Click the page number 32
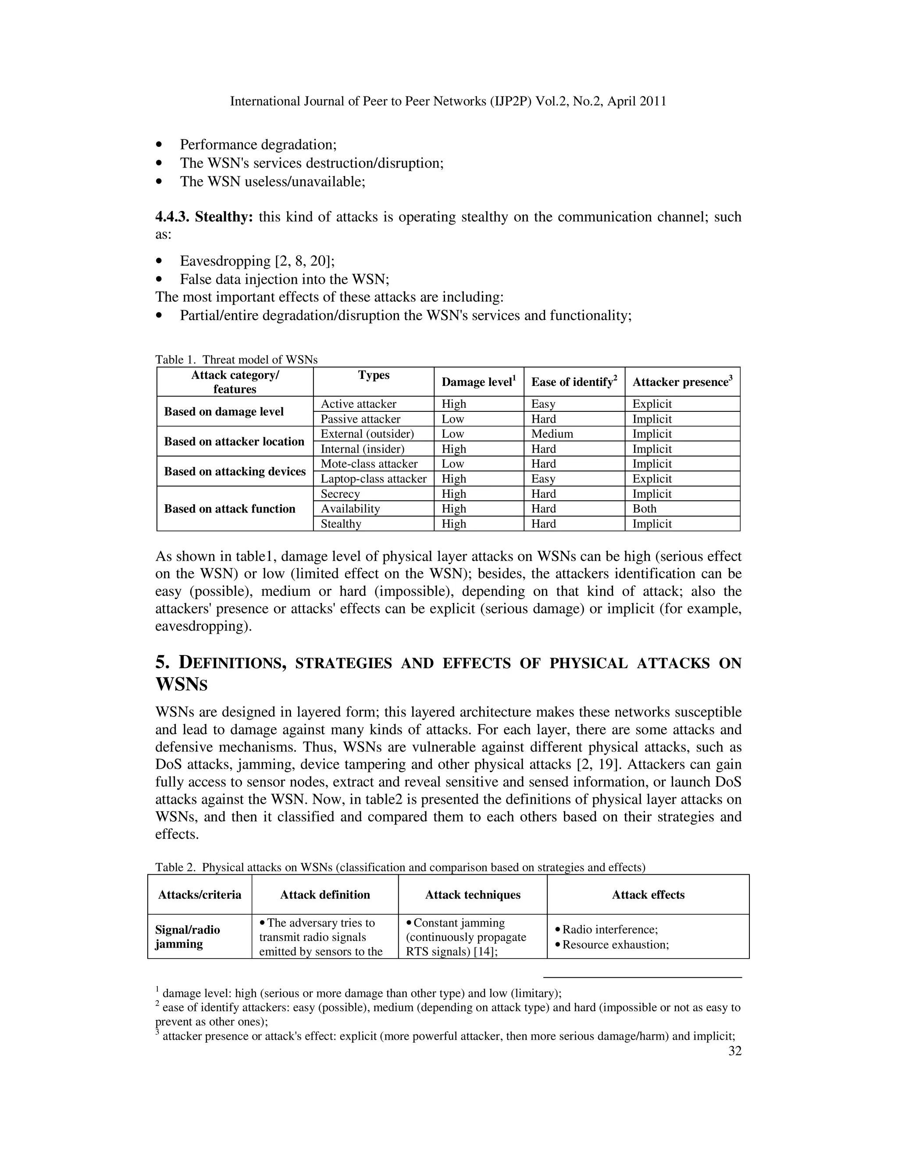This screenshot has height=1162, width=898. [734, 1051]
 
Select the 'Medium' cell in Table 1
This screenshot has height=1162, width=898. [552, 434]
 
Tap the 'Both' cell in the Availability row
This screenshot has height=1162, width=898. [644, 509]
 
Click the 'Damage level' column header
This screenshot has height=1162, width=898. [478, 382]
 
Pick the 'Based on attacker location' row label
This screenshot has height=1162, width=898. [234, 442]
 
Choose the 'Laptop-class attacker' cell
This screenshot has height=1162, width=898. [374, 479]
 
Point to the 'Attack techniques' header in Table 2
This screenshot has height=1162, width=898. [472, 895]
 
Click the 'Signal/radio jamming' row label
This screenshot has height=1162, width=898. [188, 937]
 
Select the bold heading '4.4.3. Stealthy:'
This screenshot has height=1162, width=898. [204, 217]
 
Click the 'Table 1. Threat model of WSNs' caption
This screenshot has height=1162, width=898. [236, 360]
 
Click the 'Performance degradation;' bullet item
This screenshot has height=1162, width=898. [258, 145]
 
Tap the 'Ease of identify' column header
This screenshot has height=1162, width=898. [574, 382]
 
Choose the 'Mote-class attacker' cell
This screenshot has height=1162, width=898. [369, 464]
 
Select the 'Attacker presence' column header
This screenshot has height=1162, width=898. [682, 382]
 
